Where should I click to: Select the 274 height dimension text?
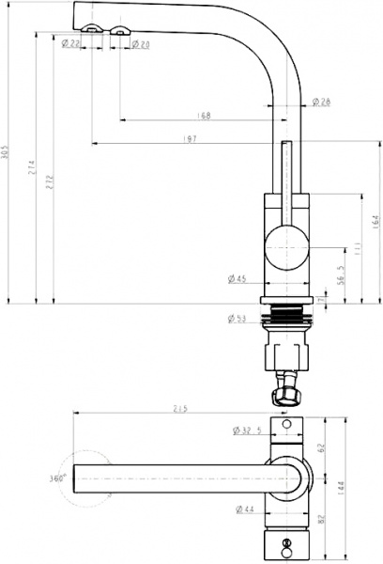point(31,168)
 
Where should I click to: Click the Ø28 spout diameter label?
point(319,102)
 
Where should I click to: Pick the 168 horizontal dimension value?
point(204,116)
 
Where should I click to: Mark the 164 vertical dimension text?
point(375,222)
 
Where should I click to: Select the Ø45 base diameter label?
point(237,278)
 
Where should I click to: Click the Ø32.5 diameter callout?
point(248,431)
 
